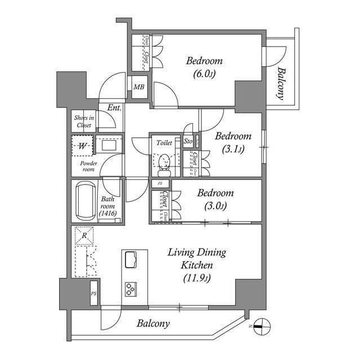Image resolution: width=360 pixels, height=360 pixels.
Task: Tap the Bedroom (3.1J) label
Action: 233,142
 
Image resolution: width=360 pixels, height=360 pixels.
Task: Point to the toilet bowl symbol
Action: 165,162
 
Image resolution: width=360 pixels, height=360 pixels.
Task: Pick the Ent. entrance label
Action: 115,107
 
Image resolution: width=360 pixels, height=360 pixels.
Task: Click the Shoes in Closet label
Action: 84,121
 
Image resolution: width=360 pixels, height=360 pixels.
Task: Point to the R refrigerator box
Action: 83,236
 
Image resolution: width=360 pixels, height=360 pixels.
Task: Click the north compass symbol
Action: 261,325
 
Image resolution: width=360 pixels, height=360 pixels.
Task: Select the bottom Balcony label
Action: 153,324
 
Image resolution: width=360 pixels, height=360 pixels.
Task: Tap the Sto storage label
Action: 188,142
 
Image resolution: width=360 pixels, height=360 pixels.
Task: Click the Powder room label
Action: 88,166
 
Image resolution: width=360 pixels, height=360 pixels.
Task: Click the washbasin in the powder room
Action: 109,145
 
